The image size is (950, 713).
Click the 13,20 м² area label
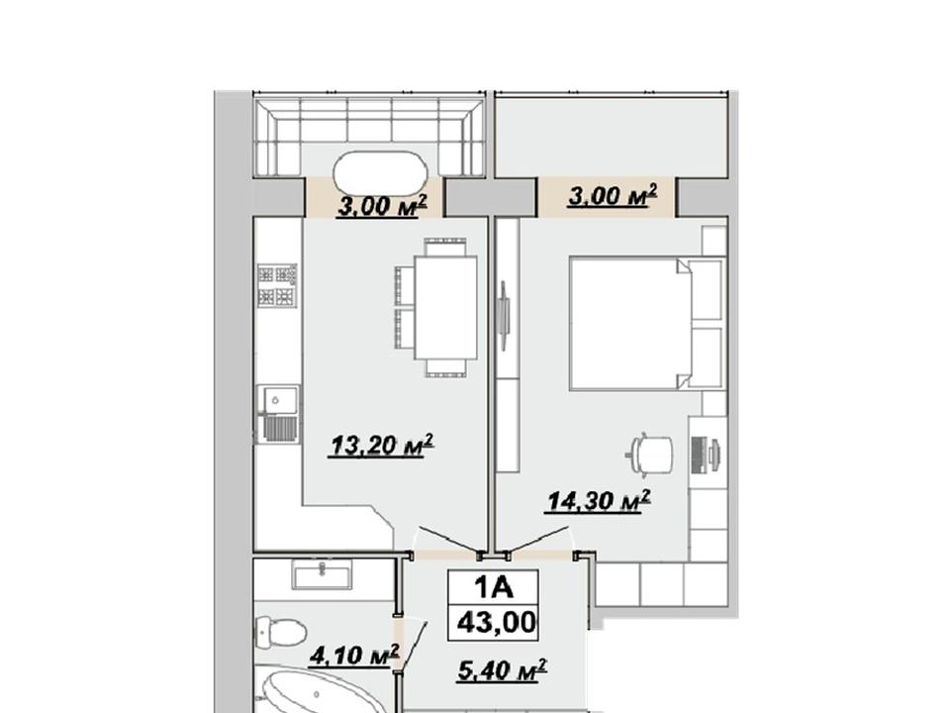coord(382,446)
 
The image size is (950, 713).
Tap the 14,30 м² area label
coord(599,501)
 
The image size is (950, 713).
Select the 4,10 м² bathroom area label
coord(354,656)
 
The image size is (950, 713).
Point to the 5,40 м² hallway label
coord(503,670)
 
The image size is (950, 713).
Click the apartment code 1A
coord(493,587)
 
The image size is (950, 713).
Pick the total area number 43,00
coord(497,622)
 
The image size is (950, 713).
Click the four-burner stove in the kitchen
coord(277,285)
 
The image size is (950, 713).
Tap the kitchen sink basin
coord(278,400)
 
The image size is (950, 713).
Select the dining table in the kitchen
coord(445,307)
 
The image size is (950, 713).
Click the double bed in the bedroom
coord(646,323)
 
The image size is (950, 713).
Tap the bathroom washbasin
coord(322,574)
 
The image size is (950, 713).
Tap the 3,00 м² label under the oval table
coord(382,206)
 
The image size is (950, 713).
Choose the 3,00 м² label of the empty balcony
coord(613,196)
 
